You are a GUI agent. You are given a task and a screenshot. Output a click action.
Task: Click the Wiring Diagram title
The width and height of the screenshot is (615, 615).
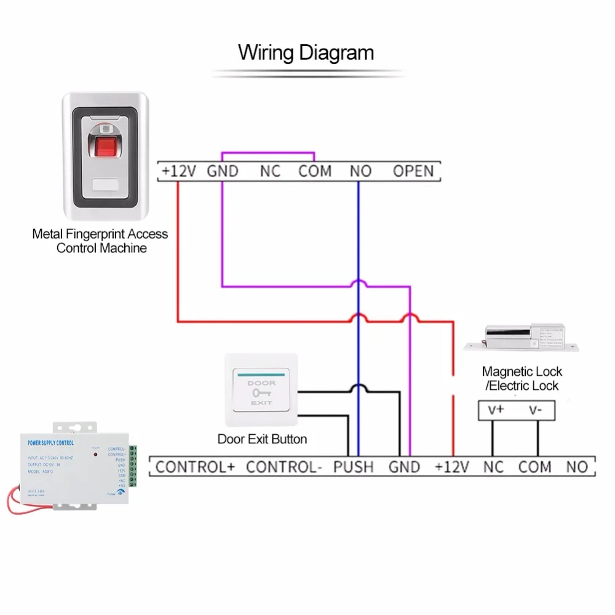click(x=306, y=52)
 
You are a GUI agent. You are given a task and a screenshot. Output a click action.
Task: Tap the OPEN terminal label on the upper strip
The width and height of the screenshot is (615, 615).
click(x=413, y=171)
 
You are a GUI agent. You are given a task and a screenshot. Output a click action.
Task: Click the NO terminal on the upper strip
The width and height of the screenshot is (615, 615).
click(x=360, y=171)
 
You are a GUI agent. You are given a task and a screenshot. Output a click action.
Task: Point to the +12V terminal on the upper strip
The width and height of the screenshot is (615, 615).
click(x=178, y=171)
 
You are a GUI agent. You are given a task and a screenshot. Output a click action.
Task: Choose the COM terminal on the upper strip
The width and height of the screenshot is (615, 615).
click(x=315, y=171)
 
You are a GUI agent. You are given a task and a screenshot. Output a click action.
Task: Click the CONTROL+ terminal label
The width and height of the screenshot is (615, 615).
click(x=195, y=467)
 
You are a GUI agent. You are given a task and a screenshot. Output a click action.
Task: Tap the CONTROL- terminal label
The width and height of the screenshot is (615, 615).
click(x=284, y=467)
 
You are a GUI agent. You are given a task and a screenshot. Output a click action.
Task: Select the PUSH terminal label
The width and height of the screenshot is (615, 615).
click(x=353, y=467)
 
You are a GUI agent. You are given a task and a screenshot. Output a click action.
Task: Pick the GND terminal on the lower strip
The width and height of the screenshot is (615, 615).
click(x=404, y=467)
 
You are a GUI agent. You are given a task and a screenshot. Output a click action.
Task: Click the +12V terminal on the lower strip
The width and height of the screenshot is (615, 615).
click(x=452, y=467)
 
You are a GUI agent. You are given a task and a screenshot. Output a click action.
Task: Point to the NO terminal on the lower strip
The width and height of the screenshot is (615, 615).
click(x=577, y=467)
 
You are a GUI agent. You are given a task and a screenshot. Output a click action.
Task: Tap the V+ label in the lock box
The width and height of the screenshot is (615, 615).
click(x=496, y=410)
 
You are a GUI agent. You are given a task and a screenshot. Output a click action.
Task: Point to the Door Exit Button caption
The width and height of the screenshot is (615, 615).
click(x=262, y=439)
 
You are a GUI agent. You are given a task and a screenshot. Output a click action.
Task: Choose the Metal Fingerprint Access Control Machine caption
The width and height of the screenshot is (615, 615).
click(x=100, y=241)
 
